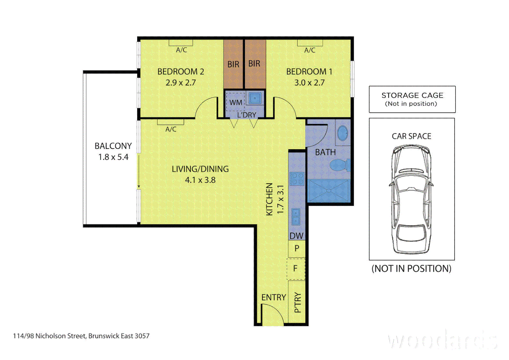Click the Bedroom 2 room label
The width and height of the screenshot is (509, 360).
pos(181,72)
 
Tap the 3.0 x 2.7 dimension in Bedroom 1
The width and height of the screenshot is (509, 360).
pos(309,83)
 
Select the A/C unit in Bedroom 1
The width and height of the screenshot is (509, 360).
pos(310,43)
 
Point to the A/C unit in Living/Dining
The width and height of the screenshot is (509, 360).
pos(170,122)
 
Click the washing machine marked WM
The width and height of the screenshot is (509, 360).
pos(236,102)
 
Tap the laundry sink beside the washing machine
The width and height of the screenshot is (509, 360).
pos(255,98)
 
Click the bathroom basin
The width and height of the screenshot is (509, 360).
pos(342,134)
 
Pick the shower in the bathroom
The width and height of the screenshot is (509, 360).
pos(328,191)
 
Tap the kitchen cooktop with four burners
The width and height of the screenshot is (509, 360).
pos(296,179)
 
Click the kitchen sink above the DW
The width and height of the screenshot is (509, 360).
pos(295,217)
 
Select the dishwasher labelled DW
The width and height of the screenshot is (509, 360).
pos(296,236)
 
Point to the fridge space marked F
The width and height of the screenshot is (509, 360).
pos(296,268)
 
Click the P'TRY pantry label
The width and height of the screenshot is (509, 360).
pos(297,302)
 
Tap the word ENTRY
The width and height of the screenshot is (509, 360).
pos(273,297)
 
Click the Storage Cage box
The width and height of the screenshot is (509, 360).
pos(412,99)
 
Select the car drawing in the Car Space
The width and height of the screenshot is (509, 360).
pos(411,199)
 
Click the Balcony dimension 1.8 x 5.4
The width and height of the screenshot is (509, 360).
pos(113,157)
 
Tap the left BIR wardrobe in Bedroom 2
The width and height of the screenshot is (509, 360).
pos(233,64)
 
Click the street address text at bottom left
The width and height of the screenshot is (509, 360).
pos(81,336)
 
